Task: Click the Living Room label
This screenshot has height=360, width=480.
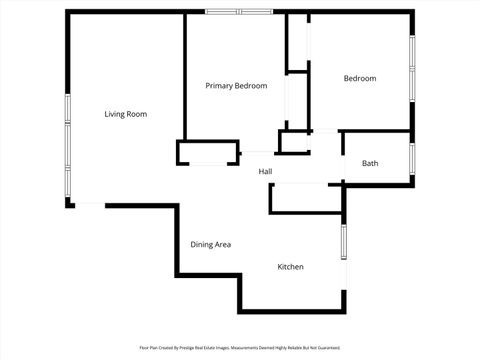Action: click(126, 114)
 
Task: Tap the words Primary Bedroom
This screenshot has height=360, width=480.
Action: click(236, 86)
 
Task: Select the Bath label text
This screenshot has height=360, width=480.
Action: click(370, 163)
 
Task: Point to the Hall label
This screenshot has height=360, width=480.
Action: click(265, 172)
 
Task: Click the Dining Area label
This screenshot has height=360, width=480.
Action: click(211, 244)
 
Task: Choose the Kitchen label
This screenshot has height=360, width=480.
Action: click(290, 267)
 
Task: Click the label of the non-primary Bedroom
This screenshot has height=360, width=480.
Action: click(360, 78)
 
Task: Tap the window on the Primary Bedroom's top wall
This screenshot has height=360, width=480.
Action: click(239, 11)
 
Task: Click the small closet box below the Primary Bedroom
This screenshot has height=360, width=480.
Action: click(208, 152)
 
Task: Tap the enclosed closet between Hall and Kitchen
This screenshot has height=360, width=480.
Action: click(305, 198)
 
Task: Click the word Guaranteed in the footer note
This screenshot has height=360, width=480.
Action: click(328, 348)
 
